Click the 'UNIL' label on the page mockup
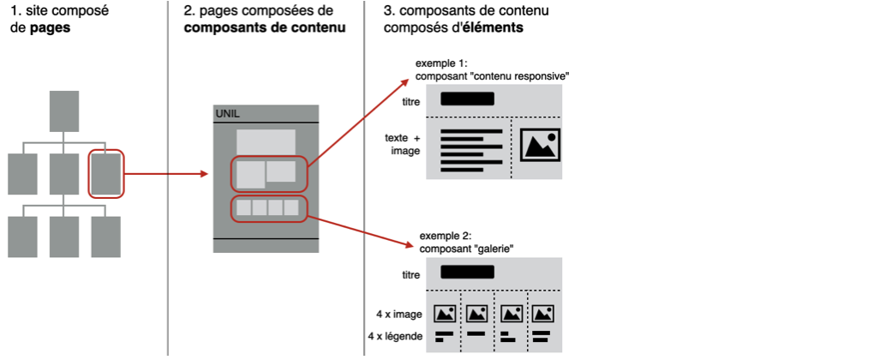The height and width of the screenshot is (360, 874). point(227,114)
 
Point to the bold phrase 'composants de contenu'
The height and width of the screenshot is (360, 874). point(265,27)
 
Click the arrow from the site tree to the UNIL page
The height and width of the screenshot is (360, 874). point(167,173)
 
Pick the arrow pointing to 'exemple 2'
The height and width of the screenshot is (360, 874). point(360,231)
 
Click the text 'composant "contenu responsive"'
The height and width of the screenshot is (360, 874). point(493,75)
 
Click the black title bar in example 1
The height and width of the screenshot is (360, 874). point(468,99)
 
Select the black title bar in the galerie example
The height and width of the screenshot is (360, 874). point(468,273)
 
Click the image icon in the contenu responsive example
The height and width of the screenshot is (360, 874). point(540,144)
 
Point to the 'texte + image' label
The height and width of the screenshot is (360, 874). point(404,143)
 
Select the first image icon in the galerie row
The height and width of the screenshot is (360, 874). point(444,314)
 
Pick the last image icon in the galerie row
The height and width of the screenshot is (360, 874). point(542,314)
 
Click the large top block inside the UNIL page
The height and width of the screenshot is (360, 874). point(266,141)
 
